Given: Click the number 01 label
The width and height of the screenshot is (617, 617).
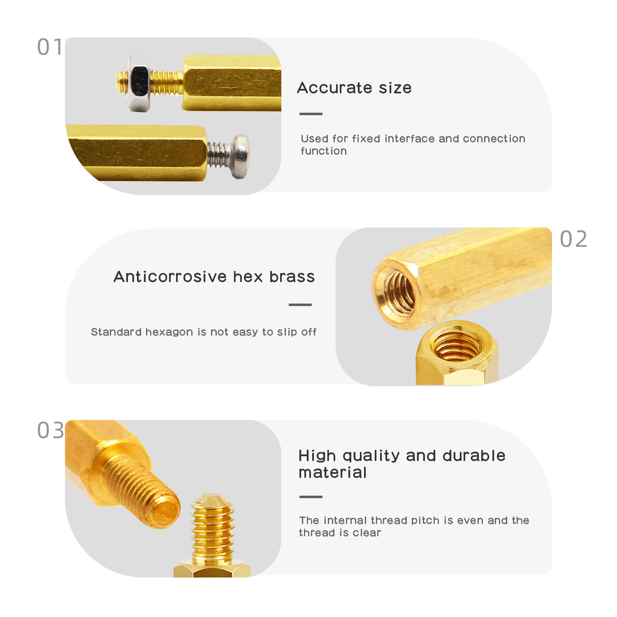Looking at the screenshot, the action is pyautogui.click(x=50, y=47).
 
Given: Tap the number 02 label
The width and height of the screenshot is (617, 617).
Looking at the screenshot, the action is pyautogui.click(x=573, y=239).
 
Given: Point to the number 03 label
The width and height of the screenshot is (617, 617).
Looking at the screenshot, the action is pyautogui.click(x=51, y=430).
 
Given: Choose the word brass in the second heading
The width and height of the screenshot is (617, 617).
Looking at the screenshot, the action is pyautogui.click(x=292, y=277).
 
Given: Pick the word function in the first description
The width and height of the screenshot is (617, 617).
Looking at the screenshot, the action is pyautogui.click(x=324, y=151).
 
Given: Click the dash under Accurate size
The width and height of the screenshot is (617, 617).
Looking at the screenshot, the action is pyautogui.click(x=311, y=114).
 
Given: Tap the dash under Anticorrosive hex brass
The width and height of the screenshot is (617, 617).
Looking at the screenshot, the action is pyautogui.click(x=300, y=305).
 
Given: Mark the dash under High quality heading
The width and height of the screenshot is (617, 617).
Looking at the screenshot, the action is pyautogui.click(x=311, y=497).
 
